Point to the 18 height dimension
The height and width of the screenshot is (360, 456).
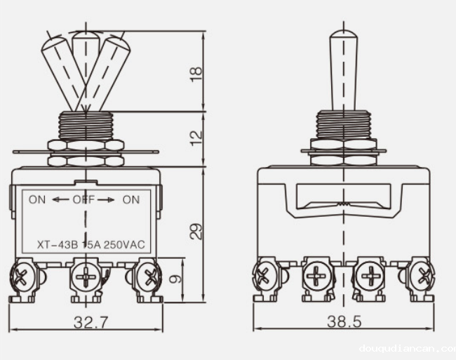[x=196, y=72]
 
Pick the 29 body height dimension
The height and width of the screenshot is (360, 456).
[x=196, y=231]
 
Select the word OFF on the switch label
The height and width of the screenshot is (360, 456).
[x=83, y=199]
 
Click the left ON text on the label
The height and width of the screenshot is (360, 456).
[x=37, y=199]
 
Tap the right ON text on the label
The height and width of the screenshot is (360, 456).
[x=131, y=199]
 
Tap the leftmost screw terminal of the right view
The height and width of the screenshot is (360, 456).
[x=264, y=276]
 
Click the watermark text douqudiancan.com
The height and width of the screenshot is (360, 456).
[x=405, y=348]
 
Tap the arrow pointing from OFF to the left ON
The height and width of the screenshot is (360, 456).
[x=60, y=200]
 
